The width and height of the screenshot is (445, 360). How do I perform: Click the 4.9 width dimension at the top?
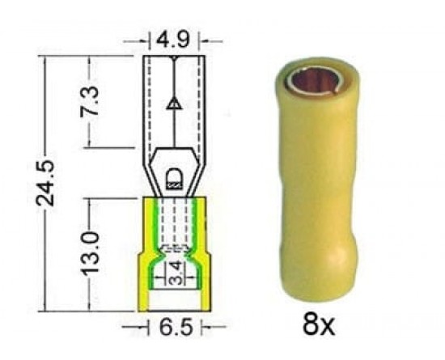pyautogui.click(x=173, y=40)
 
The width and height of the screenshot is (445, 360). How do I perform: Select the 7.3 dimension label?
pyautogui.click(x=90, y=100)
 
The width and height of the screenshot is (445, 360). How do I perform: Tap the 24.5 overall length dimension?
pyautogui.click(x=44, y=183)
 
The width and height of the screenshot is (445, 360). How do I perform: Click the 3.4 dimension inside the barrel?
pyautogui.click(x=176, y=273)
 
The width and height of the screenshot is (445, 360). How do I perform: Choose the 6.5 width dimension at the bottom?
pyautogui.click(x=176, y=327)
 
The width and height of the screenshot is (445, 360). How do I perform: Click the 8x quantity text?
pyautogui.click(x=319, y=324)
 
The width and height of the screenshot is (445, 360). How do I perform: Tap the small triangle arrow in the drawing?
pyautogui.click(x=174, y=104)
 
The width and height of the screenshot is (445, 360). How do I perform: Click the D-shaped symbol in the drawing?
pyautogui.click(x=174, y=178)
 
